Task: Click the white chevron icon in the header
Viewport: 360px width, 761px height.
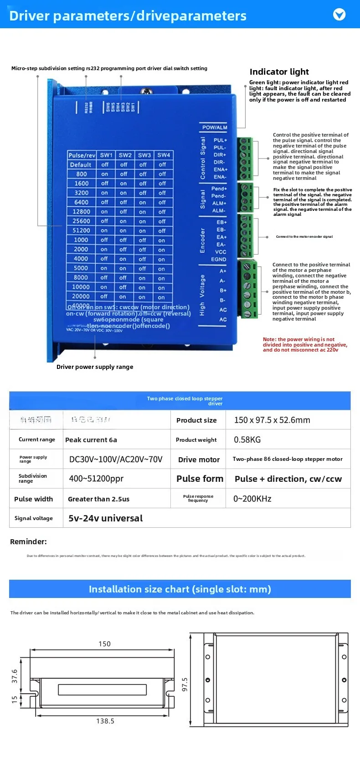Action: click(x=339, y=15)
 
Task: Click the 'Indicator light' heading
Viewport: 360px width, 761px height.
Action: click(x=279, y=72)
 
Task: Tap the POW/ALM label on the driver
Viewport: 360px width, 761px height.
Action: click(x=214, y=128)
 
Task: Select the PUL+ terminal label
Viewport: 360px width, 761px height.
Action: click(x=220, y=140)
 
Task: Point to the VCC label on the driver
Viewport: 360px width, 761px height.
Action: click(x=221, y=252)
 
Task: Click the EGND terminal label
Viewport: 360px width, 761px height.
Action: click(x=219, y=259)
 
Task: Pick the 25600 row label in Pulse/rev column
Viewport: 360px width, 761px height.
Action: click(x=81, y=221)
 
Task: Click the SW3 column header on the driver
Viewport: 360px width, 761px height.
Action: click(x=144, y=155)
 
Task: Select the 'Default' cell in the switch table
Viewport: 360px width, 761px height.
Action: click(x=81, y=165)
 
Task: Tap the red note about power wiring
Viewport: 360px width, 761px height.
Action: click(x=304, y=345)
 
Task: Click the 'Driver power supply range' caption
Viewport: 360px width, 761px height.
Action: click(x=95, y=367)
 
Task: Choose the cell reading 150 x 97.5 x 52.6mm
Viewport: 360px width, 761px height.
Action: click(x=272, y=420)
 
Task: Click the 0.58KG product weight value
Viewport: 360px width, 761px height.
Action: click(x=247, y=439)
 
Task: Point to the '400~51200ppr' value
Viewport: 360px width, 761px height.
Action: click(x=96, y=479)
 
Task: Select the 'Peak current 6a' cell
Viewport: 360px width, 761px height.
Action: click(x=91, y=439)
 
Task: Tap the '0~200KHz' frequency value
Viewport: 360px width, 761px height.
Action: click(x=252, y=499)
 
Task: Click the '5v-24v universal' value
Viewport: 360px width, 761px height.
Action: click(x=105, y=518)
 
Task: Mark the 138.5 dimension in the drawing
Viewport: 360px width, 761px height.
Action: click(x=105, y=721)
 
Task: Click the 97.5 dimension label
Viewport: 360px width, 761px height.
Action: click(x=185, y=684)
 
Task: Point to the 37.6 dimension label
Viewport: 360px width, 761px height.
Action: click(x=15, y=676)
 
